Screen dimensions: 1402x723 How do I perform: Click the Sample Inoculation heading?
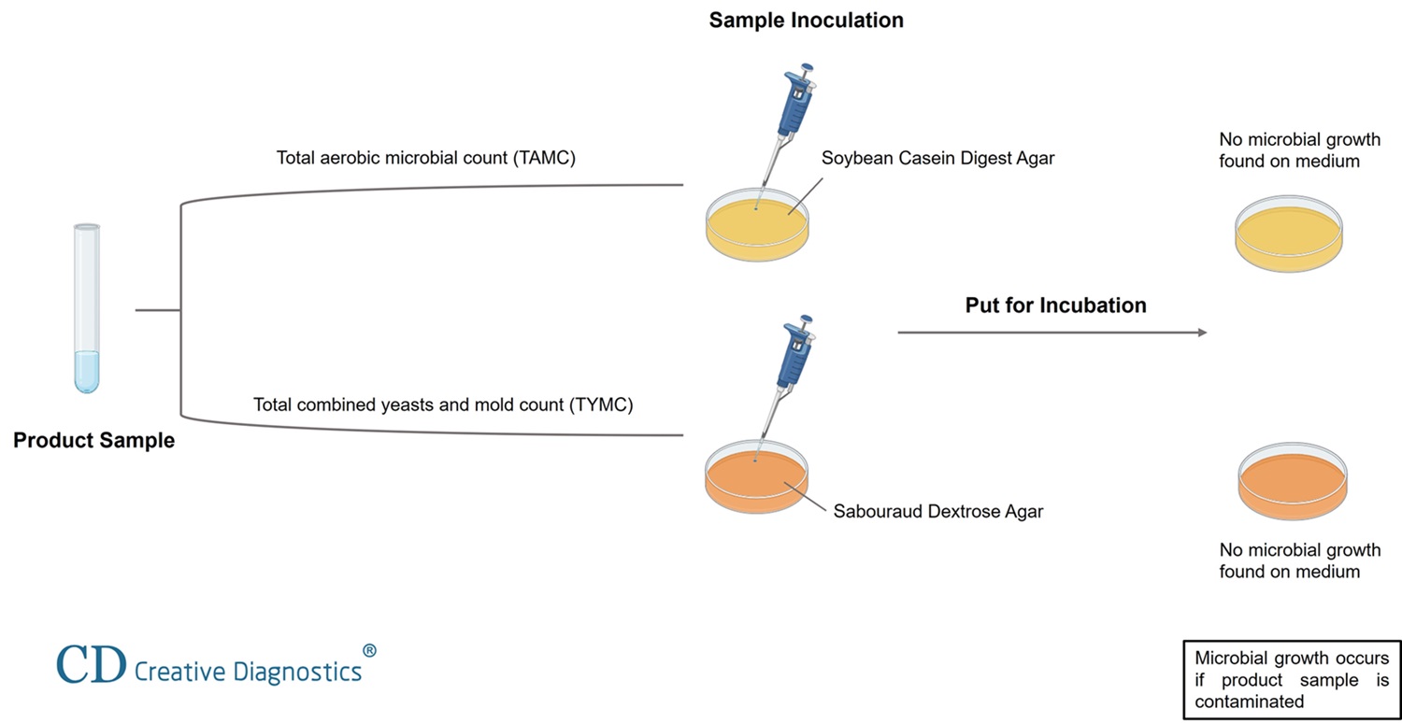806,20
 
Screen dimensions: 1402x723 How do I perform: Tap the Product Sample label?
93,440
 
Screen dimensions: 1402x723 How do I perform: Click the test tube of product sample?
87,308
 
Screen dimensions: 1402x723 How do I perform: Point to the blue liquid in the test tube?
87,372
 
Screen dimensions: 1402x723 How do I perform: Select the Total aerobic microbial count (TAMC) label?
425,158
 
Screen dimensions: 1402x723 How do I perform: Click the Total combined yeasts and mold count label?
443,404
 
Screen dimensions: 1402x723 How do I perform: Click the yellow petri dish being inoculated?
757,225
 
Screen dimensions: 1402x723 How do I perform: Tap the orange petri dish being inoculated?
757,476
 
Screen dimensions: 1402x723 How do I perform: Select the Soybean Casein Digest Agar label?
937,158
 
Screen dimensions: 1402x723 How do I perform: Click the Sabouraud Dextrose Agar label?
938,512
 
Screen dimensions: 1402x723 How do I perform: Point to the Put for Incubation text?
1056,305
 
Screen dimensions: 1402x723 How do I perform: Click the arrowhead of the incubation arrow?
1202,333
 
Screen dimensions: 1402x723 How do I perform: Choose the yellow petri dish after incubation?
1289,234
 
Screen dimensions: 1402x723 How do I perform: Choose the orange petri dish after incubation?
1293,481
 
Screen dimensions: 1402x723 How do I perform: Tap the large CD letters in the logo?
92,664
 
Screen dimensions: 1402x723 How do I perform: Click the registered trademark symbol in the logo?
370,651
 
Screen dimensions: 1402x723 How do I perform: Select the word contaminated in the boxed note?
1250,702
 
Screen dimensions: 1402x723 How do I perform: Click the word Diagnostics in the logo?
296,673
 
